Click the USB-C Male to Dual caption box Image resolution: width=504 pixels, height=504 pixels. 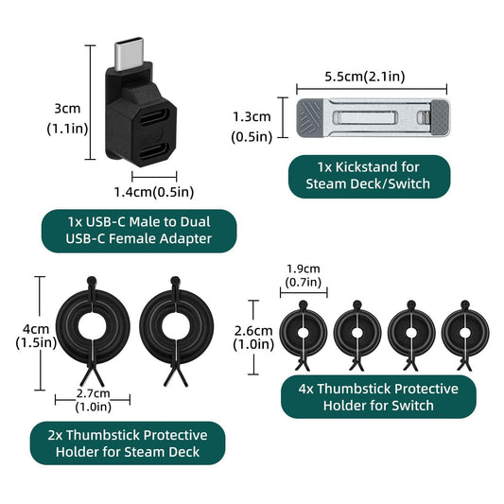pos(139,231)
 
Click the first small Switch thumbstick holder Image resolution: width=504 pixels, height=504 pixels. pos(304,332)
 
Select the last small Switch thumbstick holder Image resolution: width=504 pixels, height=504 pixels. pos(464,332)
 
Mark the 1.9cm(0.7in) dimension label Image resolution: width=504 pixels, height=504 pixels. pos(304,275)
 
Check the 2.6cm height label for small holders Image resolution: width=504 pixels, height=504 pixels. pos(254,338)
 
